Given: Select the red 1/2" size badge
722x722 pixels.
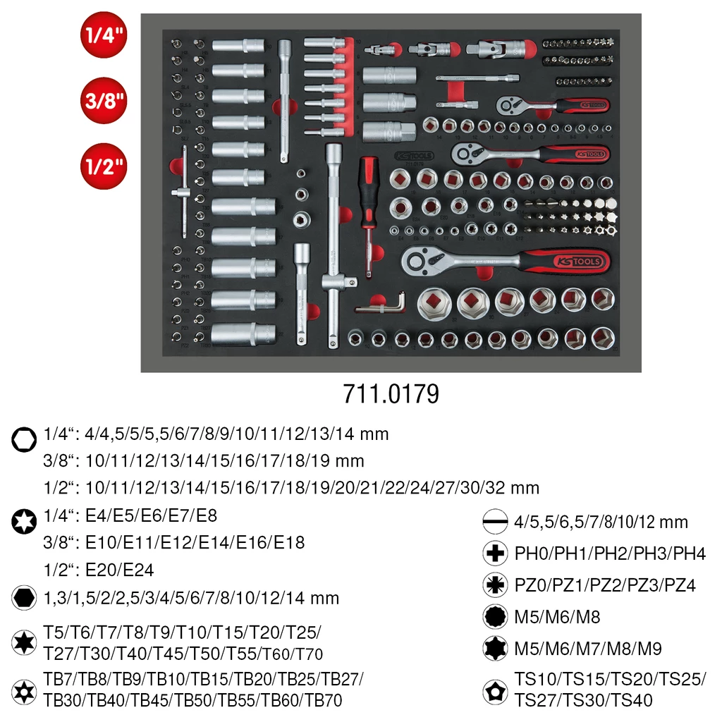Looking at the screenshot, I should pos(104,166).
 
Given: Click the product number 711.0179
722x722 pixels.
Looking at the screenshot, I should pos(391,393).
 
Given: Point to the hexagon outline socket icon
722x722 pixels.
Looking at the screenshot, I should pos(24,440).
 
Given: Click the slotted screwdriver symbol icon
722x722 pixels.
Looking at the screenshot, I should pos(496,522).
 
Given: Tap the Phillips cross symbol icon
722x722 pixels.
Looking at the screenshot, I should pos(496,553).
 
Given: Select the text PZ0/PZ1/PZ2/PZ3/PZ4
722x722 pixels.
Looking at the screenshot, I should pos(605,585).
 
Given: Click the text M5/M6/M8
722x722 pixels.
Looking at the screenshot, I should pos(557,617).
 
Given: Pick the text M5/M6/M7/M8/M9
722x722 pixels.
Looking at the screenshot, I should pos(588,648).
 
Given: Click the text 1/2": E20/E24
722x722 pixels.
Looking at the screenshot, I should pos(99,570).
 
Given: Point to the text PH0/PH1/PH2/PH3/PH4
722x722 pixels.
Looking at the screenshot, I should pos(609,553).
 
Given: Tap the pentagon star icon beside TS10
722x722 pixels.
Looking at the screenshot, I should pos(496,691).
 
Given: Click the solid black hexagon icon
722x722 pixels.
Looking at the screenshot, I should pos(24,598).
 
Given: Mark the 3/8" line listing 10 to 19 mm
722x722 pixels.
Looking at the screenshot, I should pos(204,461).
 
